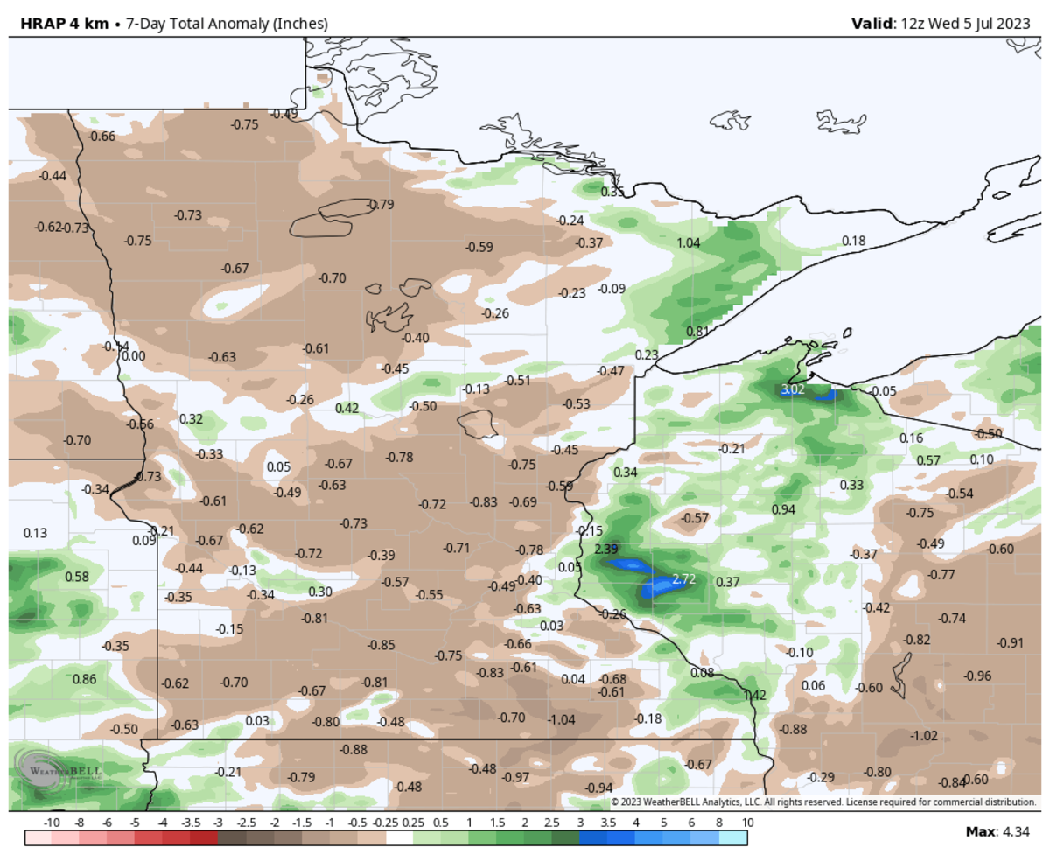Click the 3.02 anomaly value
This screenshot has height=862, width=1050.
coord(792,389)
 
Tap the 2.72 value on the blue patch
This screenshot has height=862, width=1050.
coord(683,579)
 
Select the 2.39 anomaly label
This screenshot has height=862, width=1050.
coord(605,550)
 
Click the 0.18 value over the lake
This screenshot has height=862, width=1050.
coord(853,241)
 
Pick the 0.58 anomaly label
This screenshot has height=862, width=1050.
coord(77,577)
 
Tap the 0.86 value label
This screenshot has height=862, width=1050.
coord(84,679)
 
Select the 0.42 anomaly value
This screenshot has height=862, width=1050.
coord(347,408)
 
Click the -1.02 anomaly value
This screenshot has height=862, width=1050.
coord(923,736)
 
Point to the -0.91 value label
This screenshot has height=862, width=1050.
coord(1010,643)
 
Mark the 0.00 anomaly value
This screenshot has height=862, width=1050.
coord(133,356)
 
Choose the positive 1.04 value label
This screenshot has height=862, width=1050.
coord(689,242)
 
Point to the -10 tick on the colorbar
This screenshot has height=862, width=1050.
coord(51,823)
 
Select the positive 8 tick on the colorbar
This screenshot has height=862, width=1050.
coord(719,823)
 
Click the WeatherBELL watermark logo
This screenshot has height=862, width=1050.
coord(61,771)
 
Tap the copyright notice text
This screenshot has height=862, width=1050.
coord(822,802)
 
